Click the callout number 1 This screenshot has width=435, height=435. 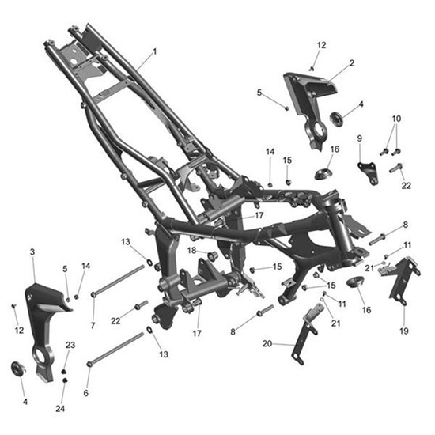click(x=155, y=51)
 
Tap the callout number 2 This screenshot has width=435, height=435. click(x=352, y=63)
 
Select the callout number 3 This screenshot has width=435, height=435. click(x=32, y=252)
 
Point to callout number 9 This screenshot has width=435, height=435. click(x=360, y=138)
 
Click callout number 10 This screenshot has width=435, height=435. click(x=396, y=119)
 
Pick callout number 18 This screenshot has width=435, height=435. click(x=191, y=251)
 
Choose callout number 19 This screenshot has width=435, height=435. click(x=404, y=331)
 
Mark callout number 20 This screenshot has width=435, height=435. click(x=267, y=344)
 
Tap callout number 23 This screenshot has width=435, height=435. click(x=70, y=345)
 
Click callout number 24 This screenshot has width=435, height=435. click(x=60, y=409)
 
